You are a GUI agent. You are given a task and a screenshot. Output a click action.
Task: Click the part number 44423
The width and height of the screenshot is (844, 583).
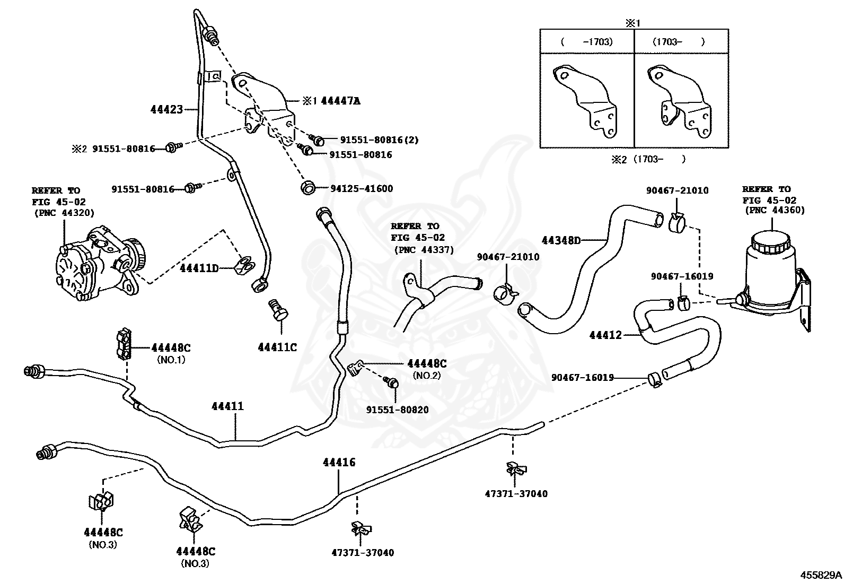coord(166,109)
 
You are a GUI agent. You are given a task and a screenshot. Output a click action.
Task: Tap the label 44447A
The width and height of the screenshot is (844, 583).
coord(340,101)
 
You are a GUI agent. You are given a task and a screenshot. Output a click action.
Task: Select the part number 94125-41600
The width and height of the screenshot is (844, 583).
coord(362,188)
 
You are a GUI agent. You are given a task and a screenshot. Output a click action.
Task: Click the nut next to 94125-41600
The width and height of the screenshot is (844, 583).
coord(308,187)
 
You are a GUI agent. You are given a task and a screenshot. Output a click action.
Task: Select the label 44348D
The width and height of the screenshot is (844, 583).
coord(561,240)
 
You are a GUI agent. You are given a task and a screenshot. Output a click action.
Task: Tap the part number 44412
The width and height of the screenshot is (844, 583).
coord(605,335)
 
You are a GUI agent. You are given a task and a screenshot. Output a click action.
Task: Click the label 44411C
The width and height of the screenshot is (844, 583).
coord(277,347)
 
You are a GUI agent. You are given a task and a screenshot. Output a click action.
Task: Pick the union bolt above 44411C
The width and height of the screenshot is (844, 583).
coord(278,310)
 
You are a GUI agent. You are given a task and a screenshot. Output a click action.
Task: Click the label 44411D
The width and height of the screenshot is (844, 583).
coord(199,268)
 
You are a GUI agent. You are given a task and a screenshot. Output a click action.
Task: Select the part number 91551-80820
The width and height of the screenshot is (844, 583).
coord(398,410)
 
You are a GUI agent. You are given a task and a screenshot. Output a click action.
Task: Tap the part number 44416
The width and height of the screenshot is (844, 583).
coord(339,463)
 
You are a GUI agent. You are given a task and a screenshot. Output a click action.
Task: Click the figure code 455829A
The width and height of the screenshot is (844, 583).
coord(821,575)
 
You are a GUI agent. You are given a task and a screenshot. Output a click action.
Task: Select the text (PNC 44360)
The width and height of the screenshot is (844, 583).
coord(775,210)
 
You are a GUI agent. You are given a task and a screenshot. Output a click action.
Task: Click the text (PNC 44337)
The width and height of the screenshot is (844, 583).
coord(424,250)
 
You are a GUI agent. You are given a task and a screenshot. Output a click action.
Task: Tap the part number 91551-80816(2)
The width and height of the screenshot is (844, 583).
coord(380,140)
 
